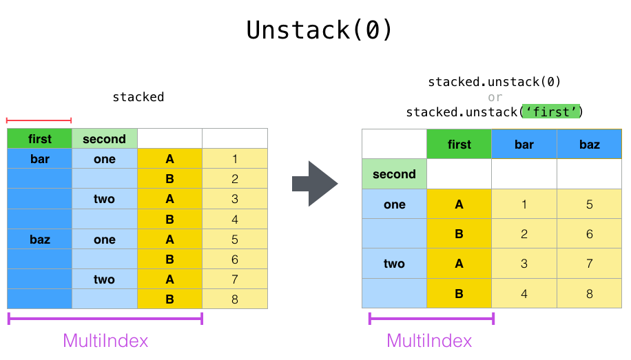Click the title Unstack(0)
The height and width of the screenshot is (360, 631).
click(320, 30)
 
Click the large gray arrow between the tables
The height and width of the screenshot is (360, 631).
click(315, 184)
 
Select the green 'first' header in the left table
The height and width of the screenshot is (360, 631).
click(40, 139)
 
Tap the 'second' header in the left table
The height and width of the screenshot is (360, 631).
click(104, 139)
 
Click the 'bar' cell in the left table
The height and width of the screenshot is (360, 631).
click(40, 159)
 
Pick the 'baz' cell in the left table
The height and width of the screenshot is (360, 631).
click(40, 240)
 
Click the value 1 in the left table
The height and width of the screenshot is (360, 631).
click(234, 159)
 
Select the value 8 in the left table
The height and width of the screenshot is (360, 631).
click(234, 299)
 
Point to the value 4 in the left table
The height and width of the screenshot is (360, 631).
click(234, 220)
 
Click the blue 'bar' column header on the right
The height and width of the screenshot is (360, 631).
click(524, 145)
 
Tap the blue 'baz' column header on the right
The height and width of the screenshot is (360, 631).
click(589, 145)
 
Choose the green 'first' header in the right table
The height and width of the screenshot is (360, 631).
click(459, 145)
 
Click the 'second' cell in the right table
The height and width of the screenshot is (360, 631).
click(394, 174)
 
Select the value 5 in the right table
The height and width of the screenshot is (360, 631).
click(589, 204)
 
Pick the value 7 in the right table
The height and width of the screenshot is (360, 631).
click(589, 264)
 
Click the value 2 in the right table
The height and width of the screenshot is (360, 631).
click(524, 234)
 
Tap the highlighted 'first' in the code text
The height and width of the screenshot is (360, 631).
click(552, 112)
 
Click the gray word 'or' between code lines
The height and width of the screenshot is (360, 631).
click(495, 97)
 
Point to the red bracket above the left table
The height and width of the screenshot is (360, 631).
click(39, 120)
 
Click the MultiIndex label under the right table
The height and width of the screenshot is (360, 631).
click(429, 341)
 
